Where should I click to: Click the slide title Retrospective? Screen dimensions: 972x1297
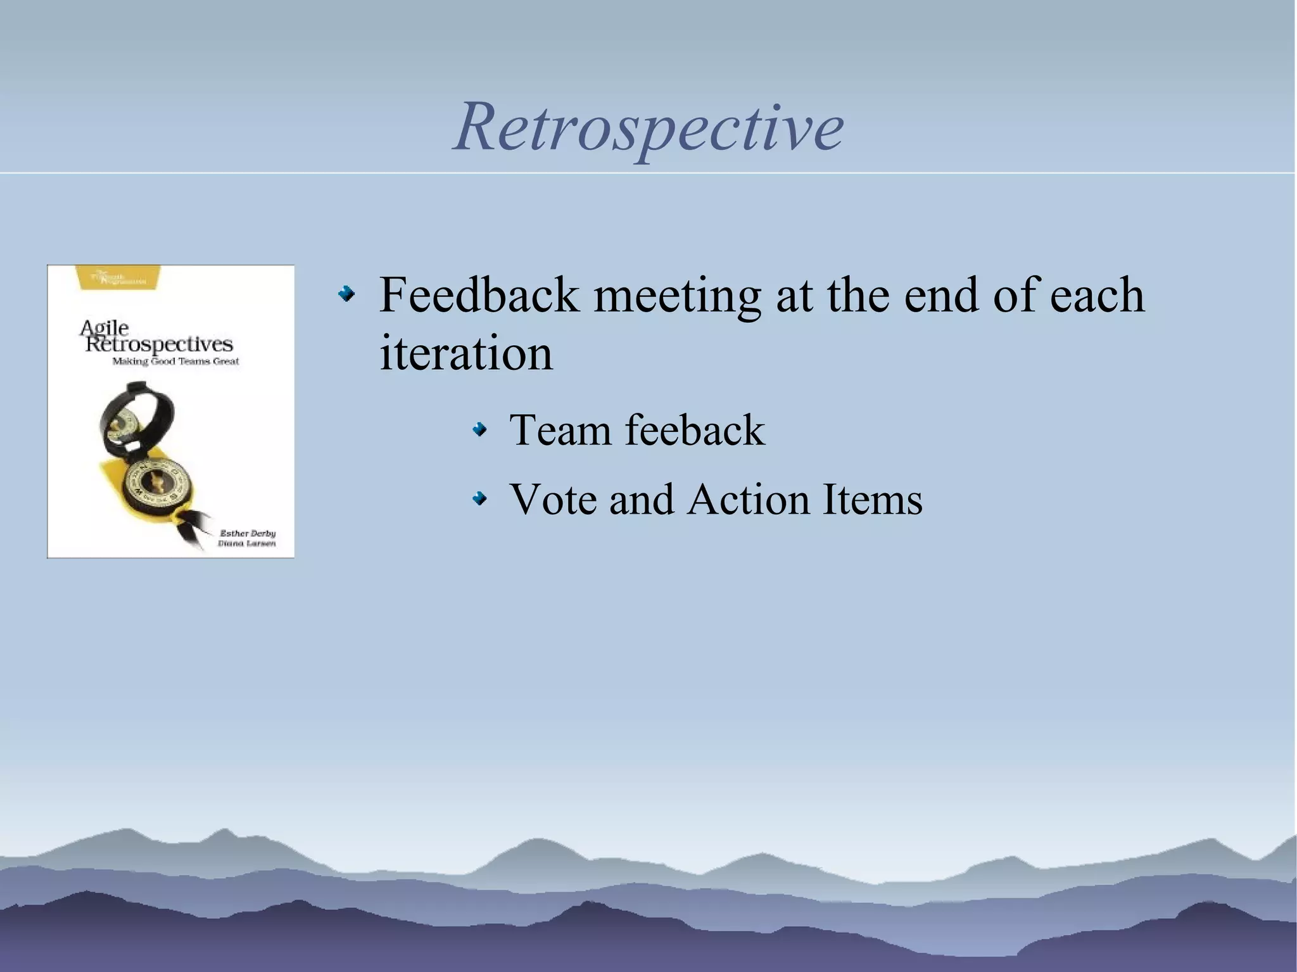(x=648, y=128)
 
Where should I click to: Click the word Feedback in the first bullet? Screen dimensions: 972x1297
(x=479, y=295)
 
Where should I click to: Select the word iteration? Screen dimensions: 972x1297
(x=465, y=353)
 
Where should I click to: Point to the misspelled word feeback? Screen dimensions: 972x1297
(x=695, y=430)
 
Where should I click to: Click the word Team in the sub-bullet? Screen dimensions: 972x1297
(x=560, y=430)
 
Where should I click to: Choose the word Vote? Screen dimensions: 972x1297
(x=553, y=500)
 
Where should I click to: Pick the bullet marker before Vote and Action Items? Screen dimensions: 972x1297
(x=480, y=500)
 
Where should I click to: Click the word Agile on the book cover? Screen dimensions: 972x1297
(x=104, y=328)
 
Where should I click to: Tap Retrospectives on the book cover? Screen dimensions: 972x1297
(x=159, y=345)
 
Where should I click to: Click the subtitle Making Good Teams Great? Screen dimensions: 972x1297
(x=175, y=362)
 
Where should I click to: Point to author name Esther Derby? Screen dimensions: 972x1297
(x=247, y=533)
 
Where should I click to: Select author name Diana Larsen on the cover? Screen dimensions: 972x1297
(x=246, y=544)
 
